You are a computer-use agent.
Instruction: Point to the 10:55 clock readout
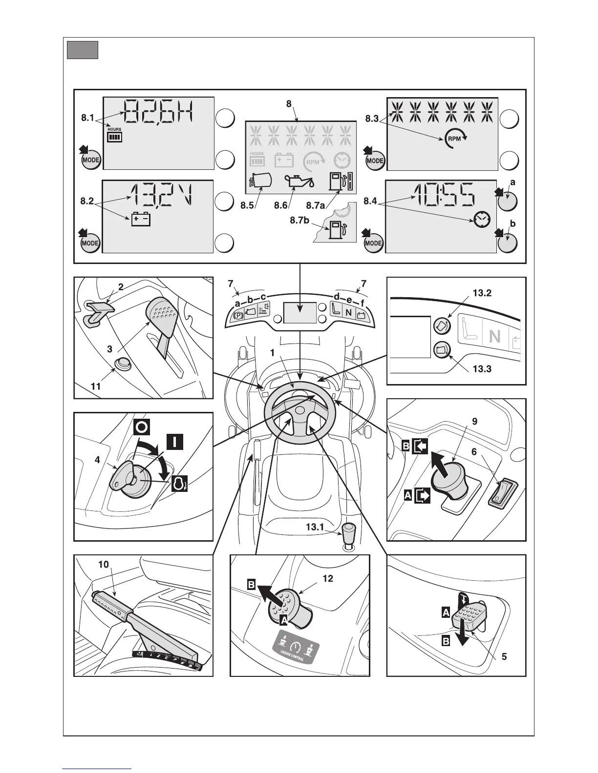[445, 195]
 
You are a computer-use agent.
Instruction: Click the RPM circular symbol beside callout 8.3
[455, 139]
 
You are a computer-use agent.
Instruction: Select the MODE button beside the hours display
[90, 160]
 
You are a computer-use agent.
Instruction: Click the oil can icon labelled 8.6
[299, 182]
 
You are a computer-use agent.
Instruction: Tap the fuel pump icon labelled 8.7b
[337, 230]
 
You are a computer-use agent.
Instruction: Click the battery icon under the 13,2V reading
[140, 219]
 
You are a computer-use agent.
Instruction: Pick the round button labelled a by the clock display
[507, 201]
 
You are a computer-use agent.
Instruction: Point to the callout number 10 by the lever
[104, 564]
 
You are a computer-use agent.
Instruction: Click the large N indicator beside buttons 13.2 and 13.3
[494, 336]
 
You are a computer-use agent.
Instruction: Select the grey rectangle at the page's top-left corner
[83, 50]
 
